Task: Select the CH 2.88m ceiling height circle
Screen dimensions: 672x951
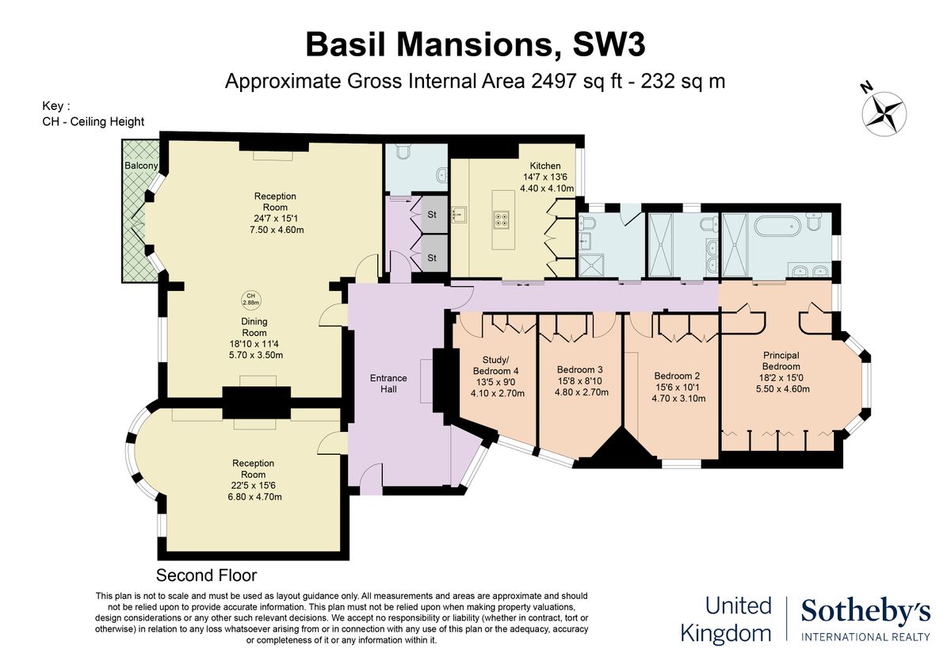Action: point(250,299)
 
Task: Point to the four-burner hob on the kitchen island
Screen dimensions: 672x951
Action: point(502,218)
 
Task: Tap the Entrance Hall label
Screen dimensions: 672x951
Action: point(388,384)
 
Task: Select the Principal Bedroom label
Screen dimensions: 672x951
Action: point(781,361)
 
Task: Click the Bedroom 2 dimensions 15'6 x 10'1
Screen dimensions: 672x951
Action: point(676,388)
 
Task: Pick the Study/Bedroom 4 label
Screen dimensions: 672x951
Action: point(495,364)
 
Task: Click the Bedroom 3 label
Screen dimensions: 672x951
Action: point(579,369)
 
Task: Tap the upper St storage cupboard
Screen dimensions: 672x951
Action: point(432,215)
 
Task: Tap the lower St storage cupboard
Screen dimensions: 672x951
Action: point(432,258)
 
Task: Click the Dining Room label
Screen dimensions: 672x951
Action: point(254,327)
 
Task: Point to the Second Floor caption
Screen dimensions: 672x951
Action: point(206,575)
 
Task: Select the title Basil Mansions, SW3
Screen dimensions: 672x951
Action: point(475,44)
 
